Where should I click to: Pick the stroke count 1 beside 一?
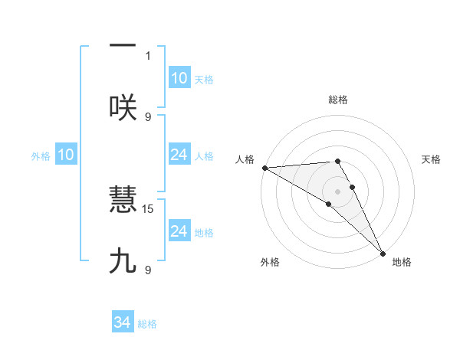[148, 55]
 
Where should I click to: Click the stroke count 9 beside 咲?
[148, 116]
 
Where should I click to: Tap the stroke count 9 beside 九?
[148, 270]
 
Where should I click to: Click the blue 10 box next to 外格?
[66, 155]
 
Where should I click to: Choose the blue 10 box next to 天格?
[179, 78]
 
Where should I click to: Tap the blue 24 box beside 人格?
[179, 155]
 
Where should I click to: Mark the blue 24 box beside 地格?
[179, 231]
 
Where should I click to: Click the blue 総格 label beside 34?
[147, 324]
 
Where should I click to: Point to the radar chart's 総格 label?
[338, 100]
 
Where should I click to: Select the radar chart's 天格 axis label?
[431, 159]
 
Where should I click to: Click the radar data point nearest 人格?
[264, 167]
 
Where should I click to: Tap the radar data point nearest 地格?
[383, 253]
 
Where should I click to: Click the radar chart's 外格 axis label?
[270, 262]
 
